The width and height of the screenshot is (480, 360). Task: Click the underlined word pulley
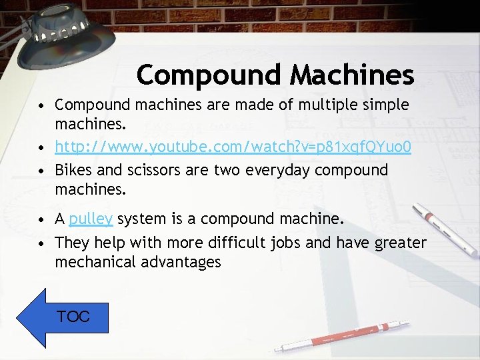(91, 219)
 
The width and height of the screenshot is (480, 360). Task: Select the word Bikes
(73, 170)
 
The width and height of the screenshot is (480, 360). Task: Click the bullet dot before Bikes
(42, 171)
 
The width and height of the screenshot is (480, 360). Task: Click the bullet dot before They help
(42, 243)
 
